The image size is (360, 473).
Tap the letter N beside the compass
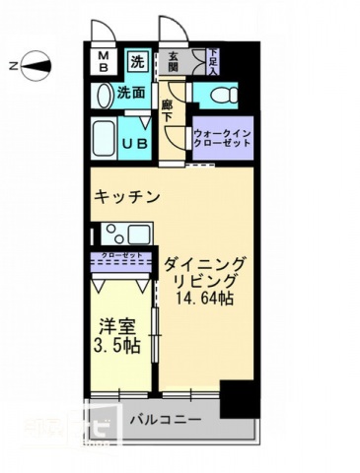pyautogui.click(x=12, y=67)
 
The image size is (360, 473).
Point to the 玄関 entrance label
pyautogui.click(x=174, y=62)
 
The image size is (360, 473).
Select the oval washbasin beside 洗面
pyautogui.click(x=105, y=95)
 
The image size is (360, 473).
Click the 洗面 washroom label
pyautogui.click(x=132, y=95)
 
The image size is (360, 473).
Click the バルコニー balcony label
pyautogui.click(x=166, y=421)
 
